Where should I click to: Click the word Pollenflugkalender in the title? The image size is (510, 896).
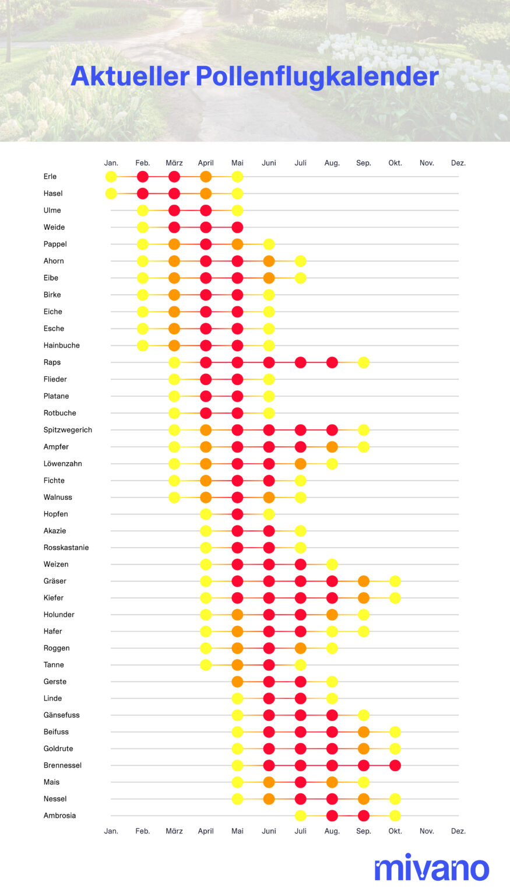317,76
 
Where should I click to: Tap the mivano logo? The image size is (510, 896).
431,869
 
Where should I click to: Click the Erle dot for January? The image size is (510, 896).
111,177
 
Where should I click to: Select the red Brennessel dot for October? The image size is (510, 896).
395,765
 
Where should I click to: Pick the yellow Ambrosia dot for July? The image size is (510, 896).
301,815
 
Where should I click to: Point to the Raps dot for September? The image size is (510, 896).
364,362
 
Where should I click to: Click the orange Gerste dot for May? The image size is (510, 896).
237,681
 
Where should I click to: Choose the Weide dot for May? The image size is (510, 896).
237,228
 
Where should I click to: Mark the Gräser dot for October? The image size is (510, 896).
395,581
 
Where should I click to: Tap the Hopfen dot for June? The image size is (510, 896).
269,514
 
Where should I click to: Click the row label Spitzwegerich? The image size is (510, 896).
68,430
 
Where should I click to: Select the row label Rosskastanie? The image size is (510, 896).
66,548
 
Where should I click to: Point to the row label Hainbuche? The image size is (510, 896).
61,345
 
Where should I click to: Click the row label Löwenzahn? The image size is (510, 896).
62,464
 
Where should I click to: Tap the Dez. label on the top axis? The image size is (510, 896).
458,163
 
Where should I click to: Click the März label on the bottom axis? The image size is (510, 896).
174,831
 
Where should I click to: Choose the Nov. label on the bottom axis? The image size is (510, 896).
427,831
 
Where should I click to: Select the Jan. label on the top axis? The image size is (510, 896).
111,163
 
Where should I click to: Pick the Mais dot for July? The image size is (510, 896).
301,782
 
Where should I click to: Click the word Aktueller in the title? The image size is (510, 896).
130,76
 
